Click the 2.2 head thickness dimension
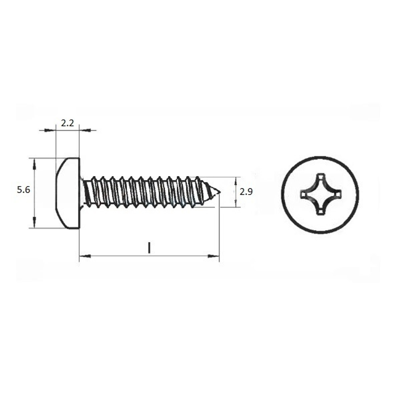(x=68, y=123)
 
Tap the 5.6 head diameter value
(x=24, y=190)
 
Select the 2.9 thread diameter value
(x=246, y=192)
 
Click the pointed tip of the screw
(x=220, y=192)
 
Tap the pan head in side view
(x=68, y=193)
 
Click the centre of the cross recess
(x=320, y=194)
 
